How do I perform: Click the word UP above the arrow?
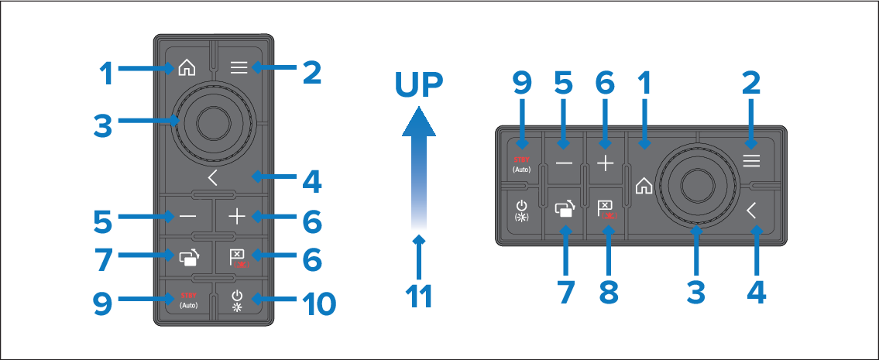coord(418,86)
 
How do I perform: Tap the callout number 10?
coord(318,303)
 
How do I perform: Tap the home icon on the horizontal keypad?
coord(644,186)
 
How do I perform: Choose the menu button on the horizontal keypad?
coord(751,162)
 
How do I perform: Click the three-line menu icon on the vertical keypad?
coord(239,68)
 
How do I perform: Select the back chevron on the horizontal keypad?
coord(750,210)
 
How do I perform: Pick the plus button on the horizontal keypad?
coord(605,163)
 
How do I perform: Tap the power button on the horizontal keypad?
coord(521,211)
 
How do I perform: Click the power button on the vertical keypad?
coord(238,300)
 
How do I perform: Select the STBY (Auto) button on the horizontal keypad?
coord(520,163)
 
